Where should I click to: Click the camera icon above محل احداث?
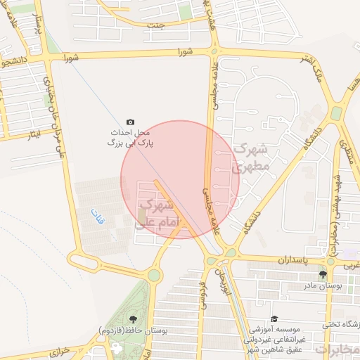129,122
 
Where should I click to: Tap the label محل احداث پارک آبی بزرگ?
130,137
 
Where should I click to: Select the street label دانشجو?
15,62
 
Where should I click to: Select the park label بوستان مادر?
323,286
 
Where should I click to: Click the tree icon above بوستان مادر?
323,274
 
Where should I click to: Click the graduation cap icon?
274,319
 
